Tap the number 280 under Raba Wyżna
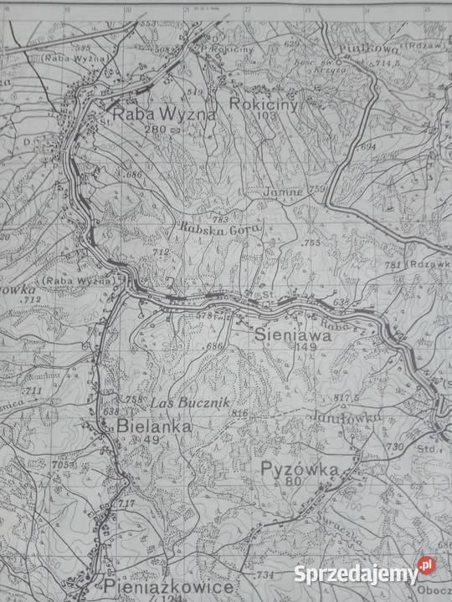pyautogui.click(x=156, y=130)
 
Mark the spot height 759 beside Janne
pyautogui.click(x=316, y=190)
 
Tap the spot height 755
pyautogui.click(x=311, y=242)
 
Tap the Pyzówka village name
pyautogui.click(x=299, y=469)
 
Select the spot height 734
pyautogui.click(x=265, y=575)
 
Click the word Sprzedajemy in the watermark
pyautogui.click(x=356, y=574)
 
